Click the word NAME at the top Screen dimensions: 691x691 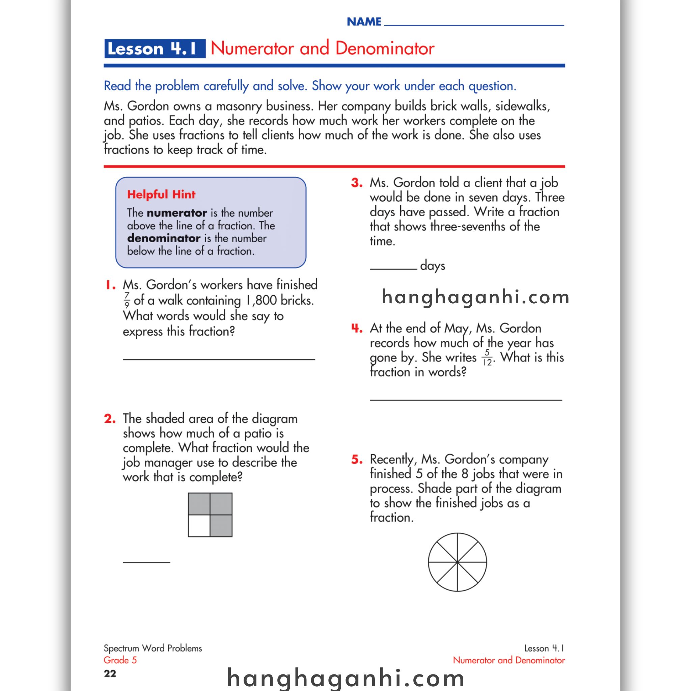[364, 22]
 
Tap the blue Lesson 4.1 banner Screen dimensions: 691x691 [155, 49]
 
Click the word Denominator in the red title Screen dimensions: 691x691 [385, 49]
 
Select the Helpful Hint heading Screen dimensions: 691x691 [161, 195]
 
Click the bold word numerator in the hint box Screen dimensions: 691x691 [177, 213]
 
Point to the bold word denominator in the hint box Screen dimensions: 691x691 [163, 238]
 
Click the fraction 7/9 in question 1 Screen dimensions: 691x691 [127, 300]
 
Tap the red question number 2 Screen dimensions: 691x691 [110, 418]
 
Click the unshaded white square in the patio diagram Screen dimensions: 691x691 [199, 526]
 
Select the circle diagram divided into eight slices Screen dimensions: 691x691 [457, 562]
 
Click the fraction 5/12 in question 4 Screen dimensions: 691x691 [487, 358]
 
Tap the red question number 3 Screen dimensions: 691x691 [357, 183]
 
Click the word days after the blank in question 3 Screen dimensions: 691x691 [433, 266]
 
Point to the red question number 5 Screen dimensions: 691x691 [357, 459]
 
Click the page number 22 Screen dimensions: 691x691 [110, 674]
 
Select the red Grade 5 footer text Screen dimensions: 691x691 [120, 660]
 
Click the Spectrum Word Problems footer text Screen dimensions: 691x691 [153, 648]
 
